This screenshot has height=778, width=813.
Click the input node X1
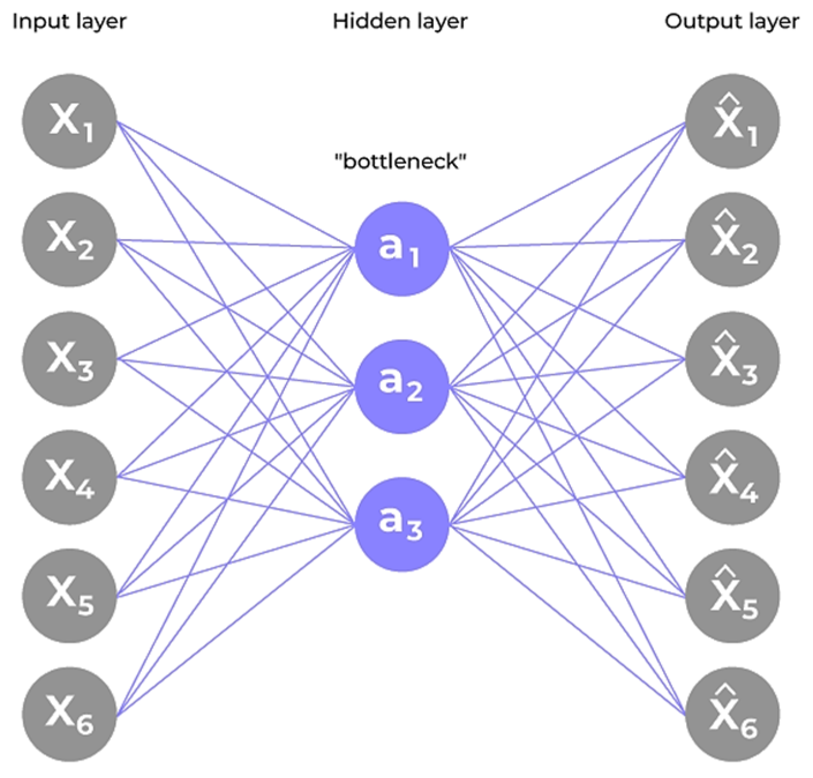(69, 121)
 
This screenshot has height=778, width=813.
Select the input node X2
(69, 240)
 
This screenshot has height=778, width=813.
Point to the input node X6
(69, 716)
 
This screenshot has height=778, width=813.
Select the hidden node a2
(401, 387)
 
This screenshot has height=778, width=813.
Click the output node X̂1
(732, 121)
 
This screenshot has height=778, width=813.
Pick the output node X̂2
(732, 240)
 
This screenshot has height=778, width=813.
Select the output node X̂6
(732, 716)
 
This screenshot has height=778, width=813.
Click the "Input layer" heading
(69, 22)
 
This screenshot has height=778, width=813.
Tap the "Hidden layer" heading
(400, 22)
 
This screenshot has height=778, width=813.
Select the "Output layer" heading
(732, 22)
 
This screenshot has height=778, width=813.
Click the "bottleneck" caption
(400, 161)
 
